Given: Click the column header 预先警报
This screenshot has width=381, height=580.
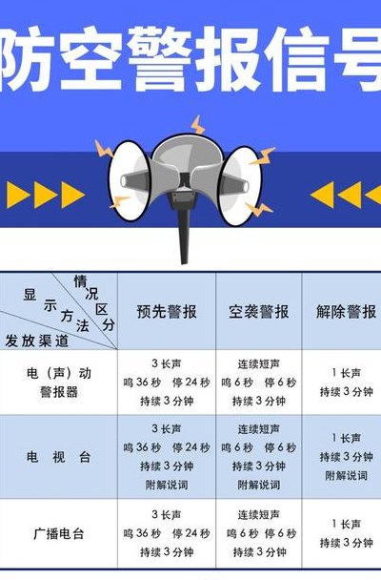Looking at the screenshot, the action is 167,311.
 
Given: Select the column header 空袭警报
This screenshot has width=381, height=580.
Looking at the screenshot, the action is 258,311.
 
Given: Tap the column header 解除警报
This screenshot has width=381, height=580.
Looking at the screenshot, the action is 346,311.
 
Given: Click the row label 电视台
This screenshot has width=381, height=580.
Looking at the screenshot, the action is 58,457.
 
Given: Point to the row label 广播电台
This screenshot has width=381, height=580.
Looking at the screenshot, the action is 58,533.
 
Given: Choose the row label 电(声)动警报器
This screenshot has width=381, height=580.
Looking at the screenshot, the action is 58,383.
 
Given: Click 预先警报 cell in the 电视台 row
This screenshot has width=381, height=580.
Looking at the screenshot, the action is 167,457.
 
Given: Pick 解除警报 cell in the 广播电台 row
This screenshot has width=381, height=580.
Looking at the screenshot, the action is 346,533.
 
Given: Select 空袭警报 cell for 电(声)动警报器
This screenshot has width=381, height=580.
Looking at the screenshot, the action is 258,383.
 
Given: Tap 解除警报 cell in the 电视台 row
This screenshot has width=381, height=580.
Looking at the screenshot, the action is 346,457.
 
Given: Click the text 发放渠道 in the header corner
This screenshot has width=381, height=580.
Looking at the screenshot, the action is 37,341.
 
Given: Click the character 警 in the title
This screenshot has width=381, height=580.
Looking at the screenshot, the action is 161,59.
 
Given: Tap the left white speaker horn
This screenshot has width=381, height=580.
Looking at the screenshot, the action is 130,181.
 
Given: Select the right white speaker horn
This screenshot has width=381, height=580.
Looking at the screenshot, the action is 240,186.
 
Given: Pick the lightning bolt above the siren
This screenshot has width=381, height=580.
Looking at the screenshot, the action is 198,125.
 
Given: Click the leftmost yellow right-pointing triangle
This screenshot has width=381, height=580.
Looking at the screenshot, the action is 18,195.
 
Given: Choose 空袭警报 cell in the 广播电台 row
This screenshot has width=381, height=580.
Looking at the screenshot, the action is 258,533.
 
